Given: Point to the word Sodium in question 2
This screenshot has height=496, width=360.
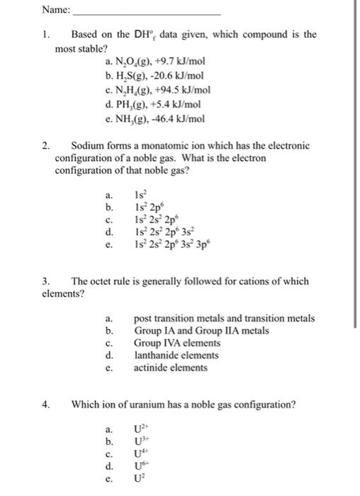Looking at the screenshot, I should [87, 146].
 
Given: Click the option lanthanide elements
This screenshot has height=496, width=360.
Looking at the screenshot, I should [176, 355].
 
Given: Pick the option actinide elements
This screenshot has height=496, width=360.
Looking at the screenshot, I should [171, 368].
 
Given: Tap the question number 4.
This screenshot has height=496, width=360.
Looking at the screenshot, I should [46, 405].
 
